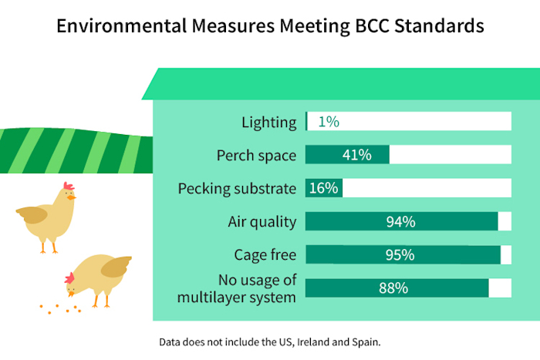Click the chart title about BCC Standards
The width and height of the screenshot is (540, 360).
270,25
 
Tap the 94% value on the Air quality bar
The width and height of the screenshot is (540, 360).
400,222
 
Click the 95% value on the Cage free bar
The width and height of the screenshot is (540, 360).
400,255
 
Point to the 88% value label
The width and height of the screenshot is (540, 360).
393,288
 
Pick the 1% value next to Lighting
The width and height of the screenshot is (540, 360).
329,122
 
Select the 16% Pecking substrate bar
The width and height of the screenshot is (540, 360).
323,188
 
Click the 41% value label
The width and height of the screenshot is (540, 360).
356,155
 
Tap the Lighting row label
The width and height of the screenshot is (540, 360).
268,122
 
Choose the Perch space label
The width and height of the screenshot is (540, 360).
256,155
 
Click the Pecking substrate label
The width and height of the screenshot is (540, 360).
237,188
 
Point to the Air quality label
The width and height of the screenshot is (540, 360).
262,222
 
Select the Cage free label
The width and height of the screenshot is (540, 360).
265,255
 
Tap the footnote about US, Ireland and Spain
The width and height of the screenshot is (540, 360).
270,341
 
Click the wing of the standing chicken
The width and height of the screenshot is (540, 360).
33,214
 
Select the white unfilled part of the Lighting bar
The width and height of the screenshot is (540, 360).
424,122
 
